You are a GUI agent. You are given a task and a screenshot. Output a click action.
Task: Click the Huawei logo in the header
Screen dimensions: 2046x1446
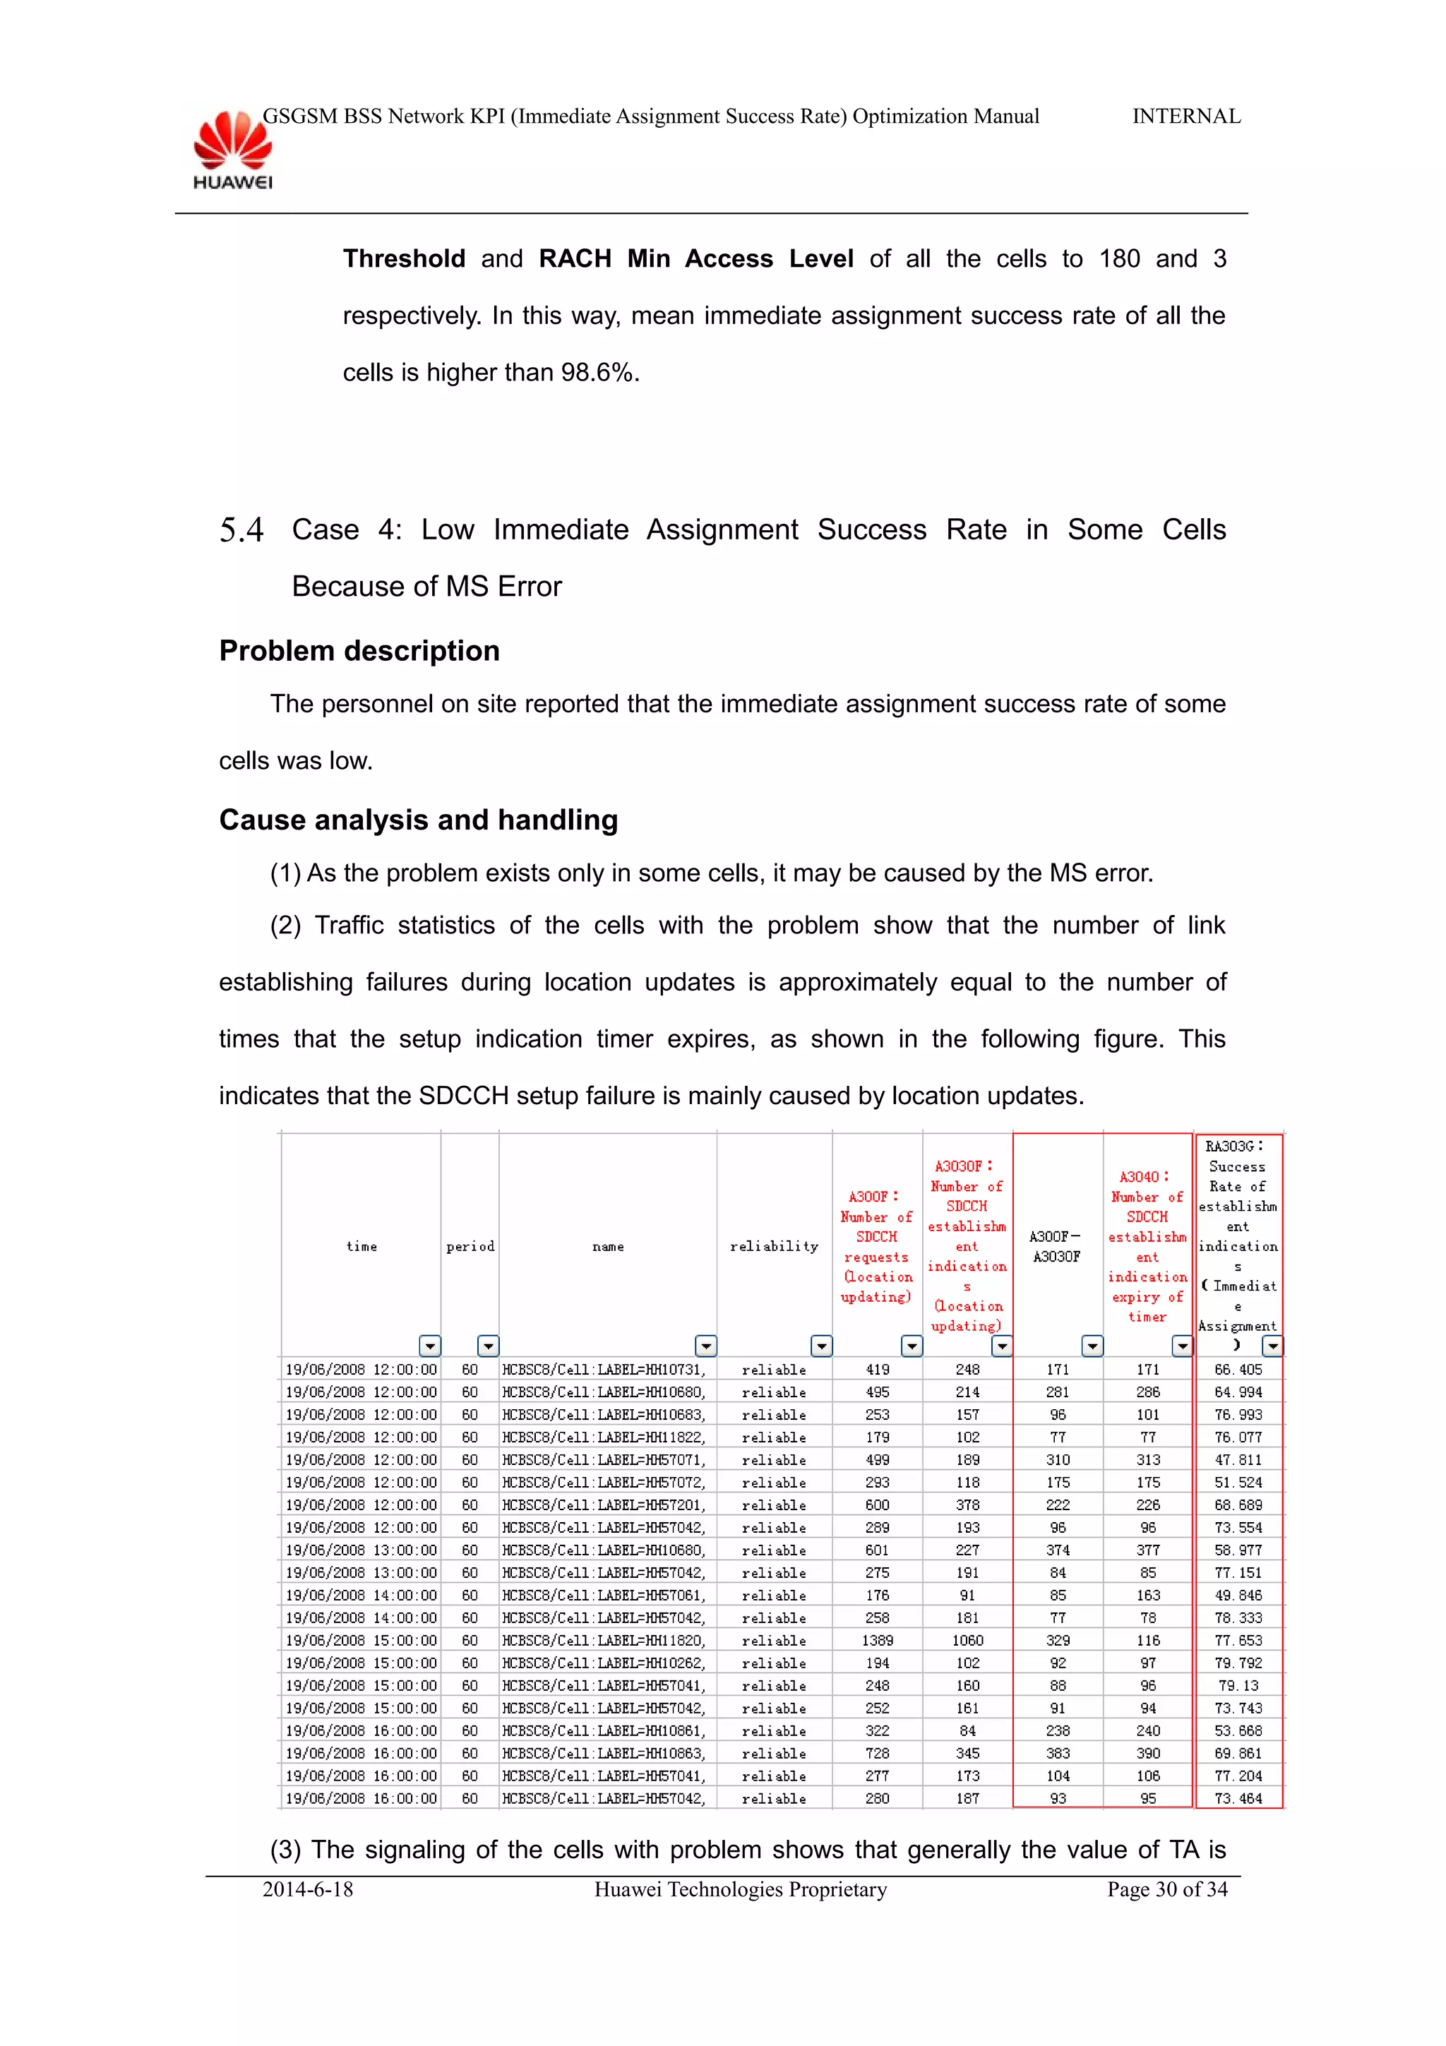point(232,149)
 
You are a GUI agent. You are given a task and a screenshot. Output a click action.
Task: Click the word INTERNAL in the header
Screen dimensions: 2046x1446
point(1186,116)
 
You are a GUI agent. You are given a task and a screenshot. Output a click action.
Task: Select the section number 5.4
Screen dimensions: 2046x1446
point(241,530)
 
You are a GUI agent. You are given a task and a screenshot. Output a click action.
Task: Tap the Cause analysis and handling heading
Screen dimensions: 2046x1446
point(418,820)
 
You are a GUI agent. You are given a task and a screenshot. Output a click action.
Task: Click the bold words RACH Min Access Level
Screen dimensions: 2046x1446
point(696,259)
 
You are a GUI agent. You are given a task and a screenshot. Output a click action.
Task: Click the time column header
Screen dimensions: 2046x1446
point(361,1246)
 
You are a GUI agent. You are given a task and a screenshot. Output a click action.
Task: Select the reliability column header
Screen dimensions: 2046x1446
point(773,1246)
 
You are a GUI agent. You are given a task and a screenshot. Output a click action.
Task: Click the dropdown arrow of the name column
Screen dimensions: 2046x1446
point(705,1346)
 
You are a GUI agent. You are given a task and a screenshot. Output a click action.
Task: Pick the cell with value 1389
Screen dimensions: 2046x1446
point(877,1641)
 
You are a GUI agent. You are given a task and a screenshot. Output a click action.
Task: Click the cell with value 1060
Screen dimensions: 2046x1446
point(967,1641)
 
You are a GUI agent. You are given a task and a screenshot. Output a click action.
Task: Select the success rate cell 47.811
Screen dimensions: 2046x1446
point(1238,1459)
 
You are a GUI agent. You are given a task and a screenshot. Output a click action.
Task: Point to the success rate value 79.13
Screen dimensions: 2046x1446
point(1238,1685)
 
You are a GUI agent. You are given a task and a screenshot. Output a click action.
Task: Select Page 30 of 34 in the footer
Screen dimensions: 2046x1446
point(1166,1889)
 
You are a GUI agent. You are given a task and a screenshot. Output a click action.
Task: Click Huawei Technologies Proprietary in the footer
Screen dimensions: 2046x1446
point(741,1889)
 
